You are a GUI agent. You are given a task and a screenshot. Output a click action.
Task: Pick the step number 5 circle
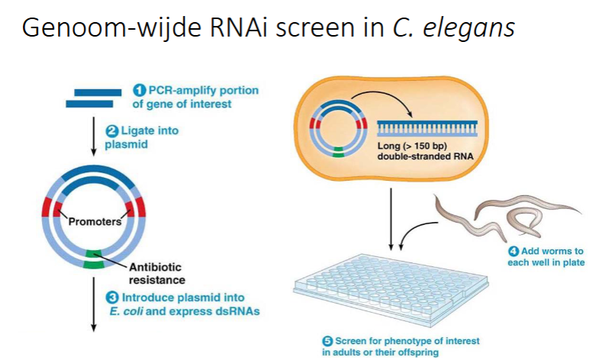coord(327,341)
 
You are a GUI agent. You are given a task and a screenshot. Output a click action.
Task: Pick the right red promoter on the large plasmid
coord(137,207)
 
